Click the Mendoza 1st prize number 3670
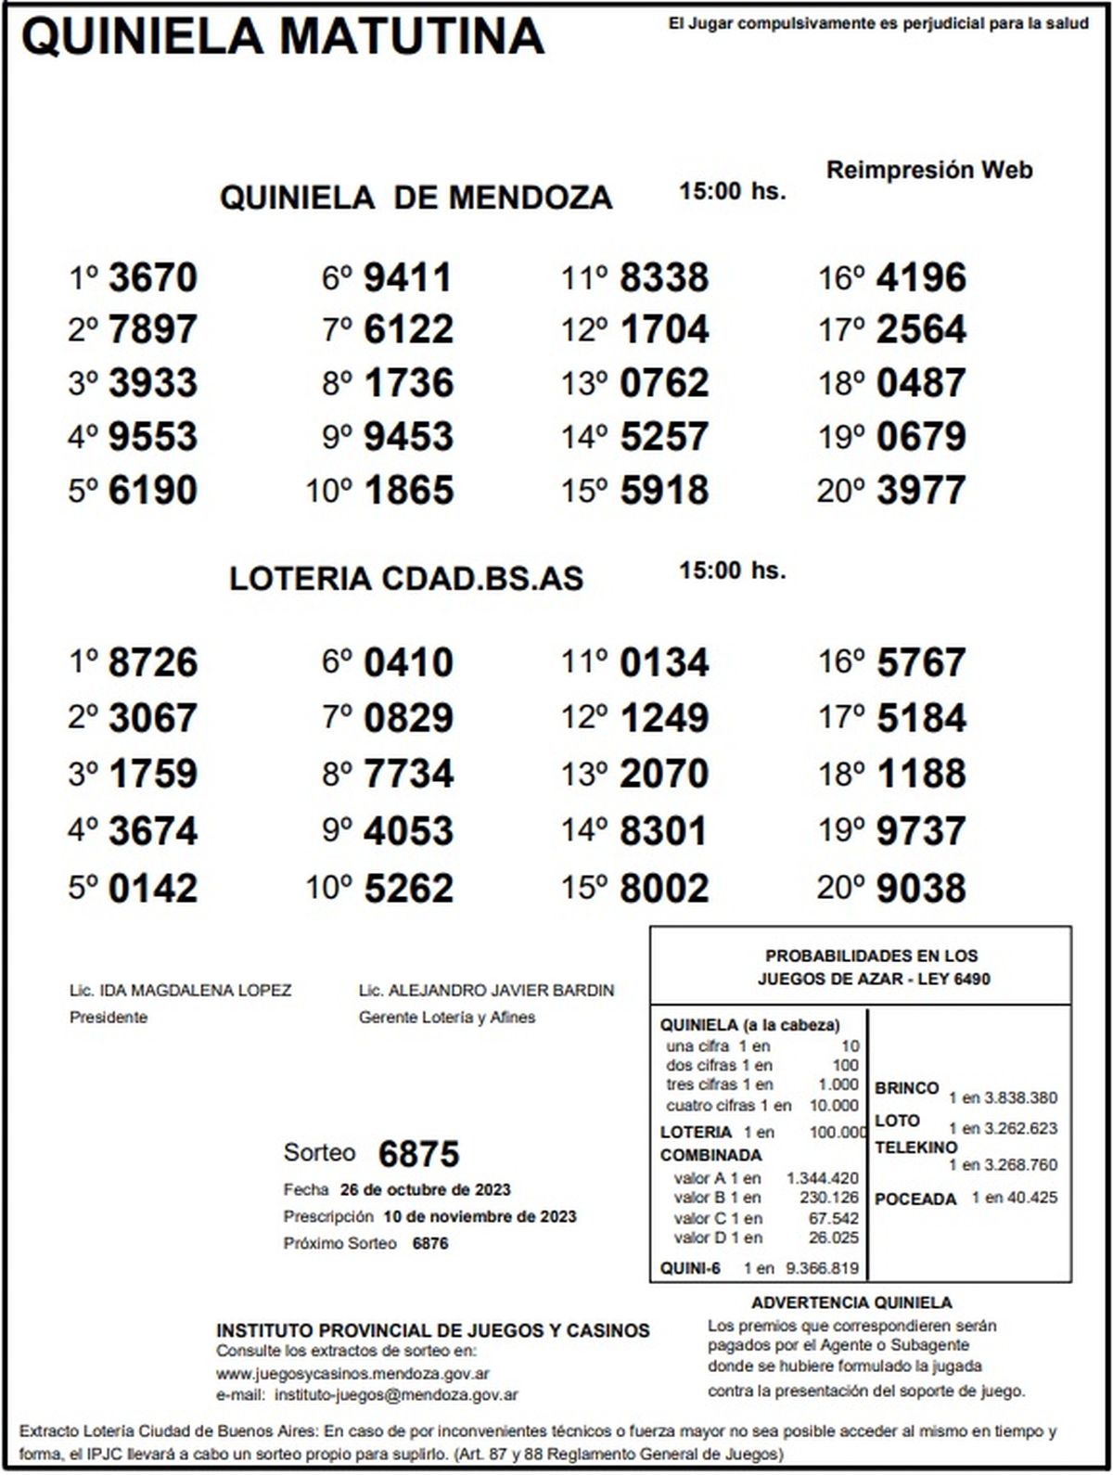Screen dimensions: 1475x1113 [x=153, y=277]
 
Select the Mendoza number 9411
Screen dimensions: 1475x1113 [x=408, y=277]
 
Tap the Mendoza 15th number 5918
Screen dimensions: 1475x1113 [x=664, y=490]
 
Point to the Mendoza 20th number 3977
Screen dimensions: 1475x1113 [x=921, y=490]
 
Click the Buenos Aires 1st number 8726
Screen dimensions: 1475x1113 [x=153, y=662]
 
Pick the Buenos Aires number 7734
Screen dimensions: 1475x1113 [x=408, y=774]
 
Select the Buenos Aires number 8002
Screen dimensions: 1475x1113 [x=664, y=888]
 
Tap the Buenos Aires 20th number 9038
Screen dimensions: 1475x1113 [x=921, y=888]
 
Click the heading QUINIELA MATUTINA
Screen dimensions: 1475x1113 [x=282, y=37]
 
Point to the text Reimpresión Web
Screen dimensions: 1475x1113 [x=928, y=171]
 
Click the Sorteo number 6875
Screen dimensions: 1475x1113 [x=419, y=1154]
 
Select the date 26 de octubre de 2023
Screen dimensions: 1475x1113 [x=425, y=1190]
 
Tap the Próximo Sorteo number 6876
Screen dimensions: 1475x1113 [x=429, y=1243]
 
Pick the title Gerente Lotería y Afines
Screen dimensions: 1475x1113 [x=447, y=1018]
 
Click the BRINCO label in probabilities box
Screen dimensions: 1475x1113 [x=906, y=1088]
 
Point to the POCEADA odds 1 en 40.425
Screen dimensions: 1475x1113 [x=1014, y=1198]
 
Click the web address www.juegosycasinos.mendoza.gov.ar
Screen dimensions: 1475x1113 [x=353, y=1374]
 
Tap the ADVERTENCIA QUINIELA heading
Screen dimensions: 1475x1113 [x=851, y=1303]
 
